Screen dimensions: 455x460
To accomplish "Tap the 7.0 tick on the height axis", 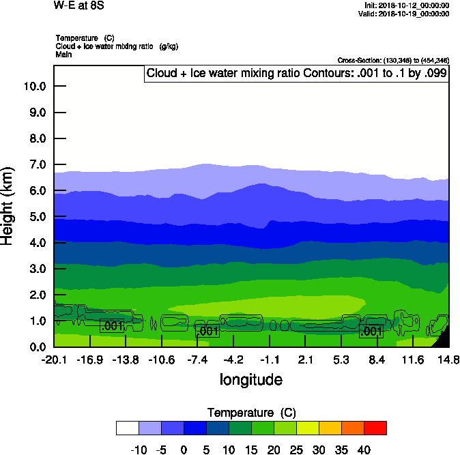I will (x=35, y=164).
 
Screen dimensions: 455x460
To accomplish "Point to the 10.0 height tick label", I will (x=33, y=87).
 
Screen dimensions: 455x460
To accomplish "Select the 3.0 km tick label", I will (x=35, y=269).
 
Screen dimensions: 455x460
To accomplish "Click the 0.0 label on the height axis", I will (x=35, y=347).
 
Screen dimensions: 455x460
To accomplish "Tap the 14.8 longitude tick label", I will (x=448, y=359).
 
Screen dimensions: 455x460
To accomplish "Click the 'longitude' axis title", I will (x=250, y=379).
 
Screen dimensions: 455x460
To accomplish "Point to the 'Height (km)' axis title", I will (x=8, y=206).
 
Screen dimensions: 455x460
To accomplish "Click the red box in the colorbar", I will (x=375, y=428).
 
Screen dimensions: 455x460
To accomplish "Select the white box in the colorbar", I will (x=128, y=428).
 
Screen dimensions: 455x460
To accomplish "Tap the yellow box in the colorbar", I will (x=307, y=428).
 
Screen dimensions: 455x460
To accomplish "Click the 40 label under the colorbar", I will (x=364, y=450).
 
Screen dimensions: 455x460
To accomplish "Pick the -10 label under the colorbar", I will (x=139, y=450).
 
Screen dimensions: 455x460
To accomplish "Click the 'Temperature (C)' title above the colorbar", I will (x=251, y=412).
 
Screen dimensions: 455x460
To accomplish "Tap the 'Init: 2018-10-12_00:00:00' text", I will (x=407, y=5).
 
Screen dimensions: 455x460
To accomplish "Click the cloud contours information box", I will (x=296, y=73).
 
